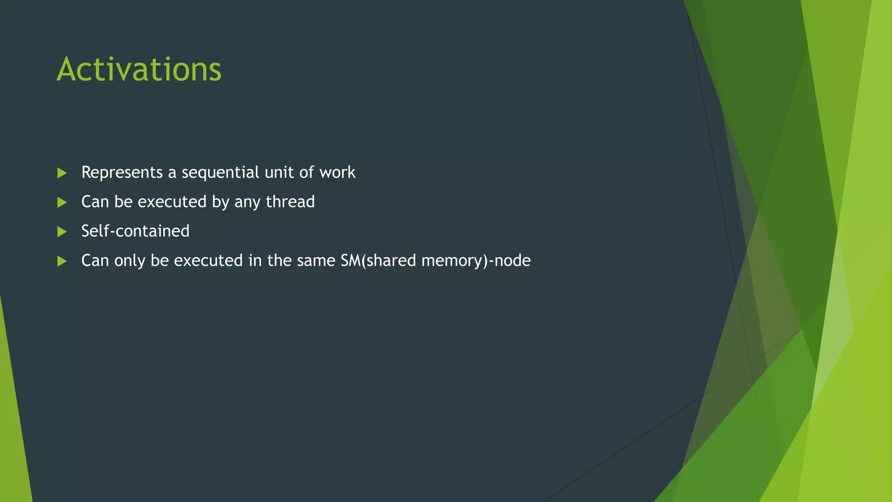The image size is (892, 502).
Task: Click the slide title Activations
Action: point(139,69)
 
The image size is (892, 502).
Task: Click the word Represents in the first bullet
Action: point(122,173)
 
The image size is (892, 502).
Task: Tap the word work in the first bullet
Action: point(337,173)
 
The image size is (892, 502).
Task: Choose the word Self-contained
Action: point(135,231)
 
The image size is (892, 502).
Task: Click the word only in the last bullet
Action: point(129,261)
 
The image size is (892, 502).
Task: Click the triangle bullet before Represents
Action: point(62,173)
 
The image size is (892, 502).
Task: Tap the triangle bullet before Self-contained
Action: point(62,232)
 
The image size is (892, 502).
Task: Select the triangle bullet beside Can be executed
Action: point(62,202)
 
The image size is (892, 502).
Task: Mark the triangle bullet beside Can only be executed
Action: point(62,261)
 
